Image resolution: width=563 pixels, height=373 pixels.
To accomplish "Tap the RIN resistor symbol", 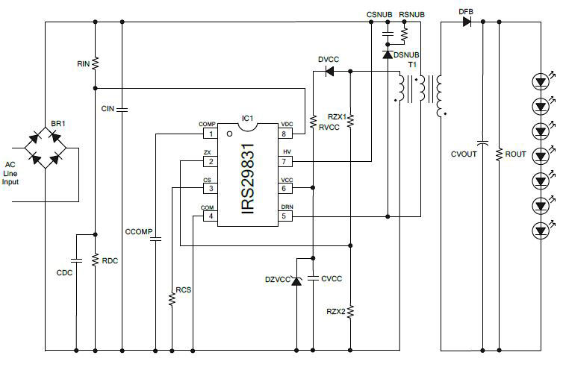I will (96, 64).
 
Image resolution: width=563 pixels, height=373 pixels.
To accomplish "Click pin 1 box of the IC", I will (211, 134).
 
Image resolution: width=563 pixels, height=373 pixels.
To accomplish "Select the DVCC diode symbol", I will (329, 72).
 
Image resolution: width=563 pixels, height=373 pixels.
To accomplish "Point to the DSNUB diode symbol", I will (388, 54).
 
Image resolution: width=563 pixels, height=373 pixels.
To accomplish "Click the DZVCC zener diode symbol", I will (296, 280).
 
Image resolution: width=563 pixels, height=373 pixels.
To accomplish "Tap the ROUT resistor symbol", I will (499, 154).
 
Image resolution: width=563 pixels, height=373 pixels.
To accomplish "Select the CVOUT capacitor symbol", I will (482, 140).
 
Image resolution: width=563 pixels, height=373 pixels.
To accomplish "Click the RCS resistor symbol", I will (172, 298).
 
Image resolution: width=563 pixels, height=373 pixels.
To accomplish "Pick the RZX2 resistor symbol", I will (351, 310).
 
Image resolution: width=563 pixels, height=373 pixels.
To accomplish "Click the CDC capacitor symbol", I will (76, 261).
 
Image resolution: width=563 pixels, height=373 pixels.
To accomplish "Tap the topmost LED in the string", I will (541, 80).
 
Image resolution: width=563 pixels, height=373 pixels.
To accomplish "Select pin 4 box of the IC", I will (211, 216).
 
